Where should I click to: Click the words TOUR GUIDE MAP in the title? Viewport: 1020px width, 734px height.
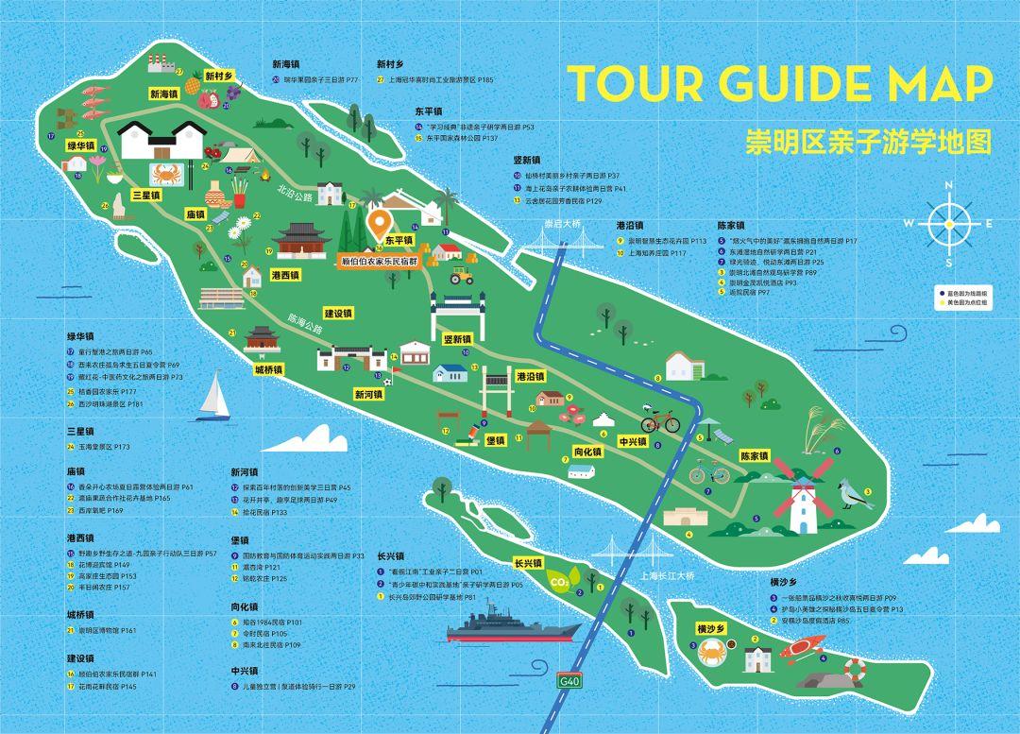779,84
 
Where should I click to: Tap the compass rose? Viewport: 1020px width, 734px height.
947,223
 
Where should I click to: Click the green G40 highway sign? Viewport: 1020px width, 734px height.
569,681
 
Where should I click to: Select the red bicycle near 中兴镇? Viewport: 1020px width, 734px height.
660,420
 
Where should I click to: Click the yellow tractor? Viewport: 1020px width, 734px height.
461,276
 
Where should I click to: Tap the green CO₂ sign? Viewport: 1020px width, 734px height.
559,580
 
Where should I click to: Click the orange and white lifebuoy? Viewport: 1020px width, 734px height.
854,671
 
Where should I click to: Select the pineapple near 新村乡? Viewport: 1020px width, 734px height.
193,86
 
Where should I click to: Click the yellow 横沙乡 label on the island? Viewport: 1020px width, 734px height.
710,628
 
